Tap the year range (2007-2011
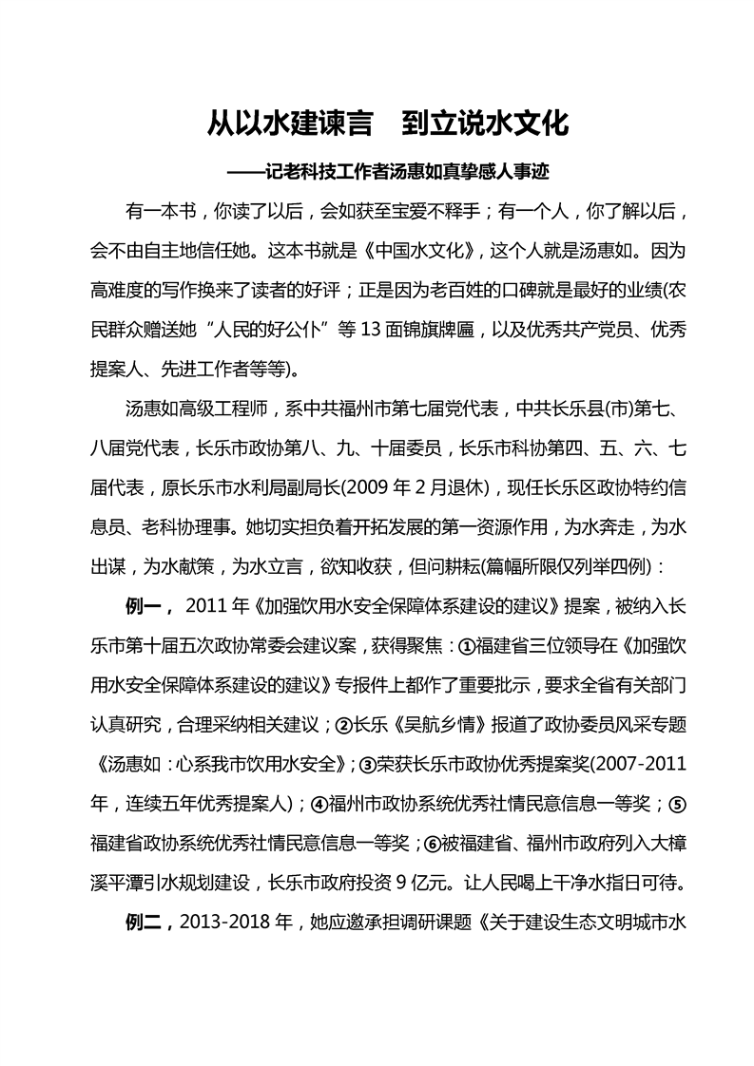(x=625, y=763)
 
